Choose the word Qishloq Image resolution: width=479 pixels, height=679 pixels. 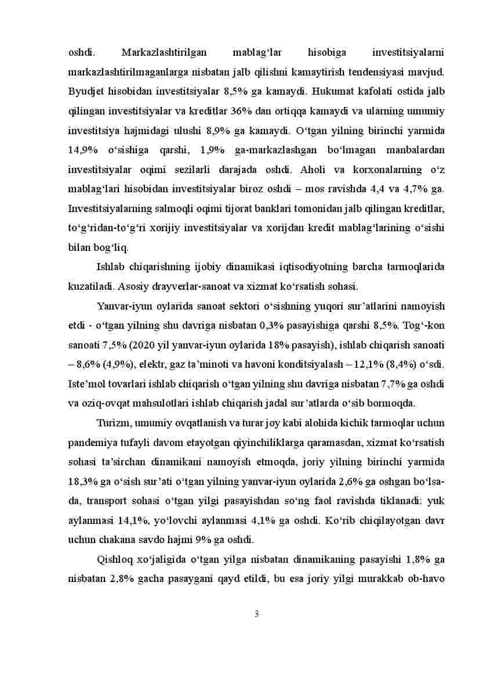(x=114, y=559)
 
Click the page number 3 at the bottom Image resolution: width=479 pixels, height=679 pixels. (x=256, y=614)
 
